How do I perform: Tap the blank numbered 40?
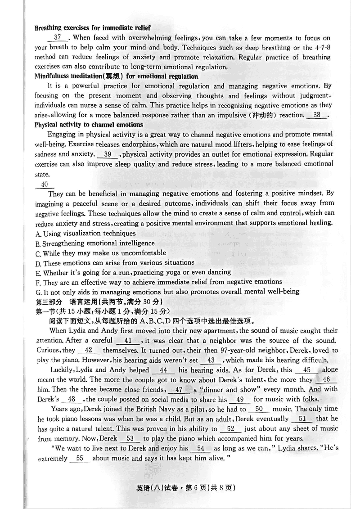point(44,185)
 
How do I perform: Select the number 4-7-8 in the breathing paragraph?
point(323,48)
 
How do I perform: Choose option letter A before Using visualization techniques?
point(37,234)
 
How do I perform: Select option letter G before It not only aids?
point(37,292)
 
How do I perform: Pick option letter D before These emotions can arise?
point(37,263)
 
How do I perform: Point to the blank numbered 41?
point(127,341)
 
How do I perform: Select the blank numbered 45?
point(307,370)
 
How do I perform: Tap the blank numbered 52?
point(231,428)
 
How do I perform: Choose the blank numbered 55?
point(80,458)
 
